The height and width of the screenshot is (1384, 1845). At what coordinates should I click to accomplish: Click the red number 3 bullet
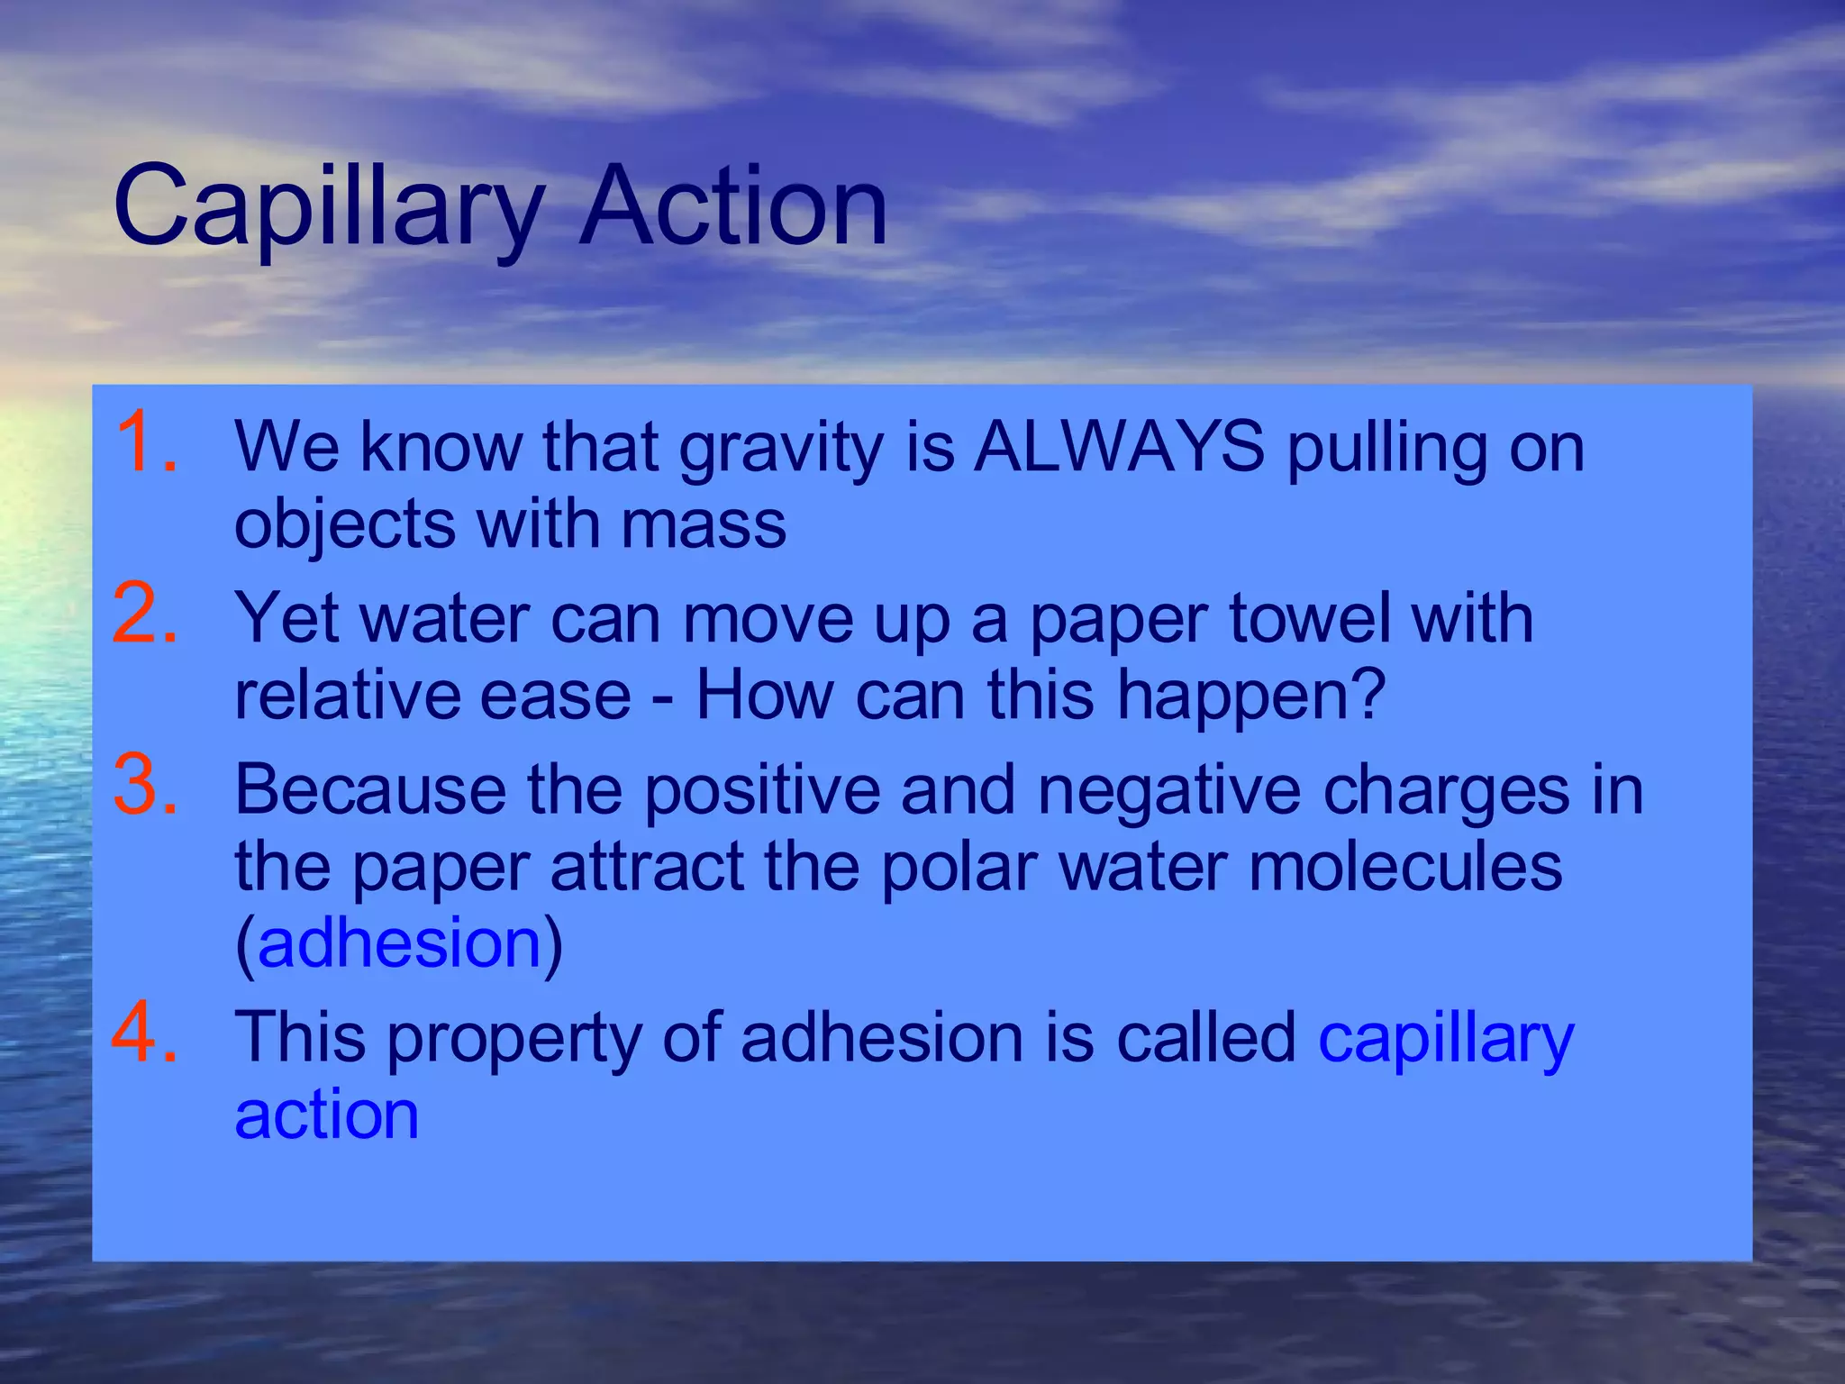point(144,786)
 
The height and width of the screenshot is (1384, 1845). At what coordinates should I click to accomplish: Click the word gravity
point(781,448)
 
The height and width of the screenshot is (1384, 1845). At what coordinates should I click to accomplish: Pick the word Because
point(369,789)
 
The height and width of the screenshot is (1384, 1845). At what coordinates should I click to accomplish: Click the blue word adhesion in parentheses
point(399,943)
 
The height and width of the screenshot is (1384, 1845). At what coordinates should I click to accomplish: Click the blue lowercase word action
point(326,1115)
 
